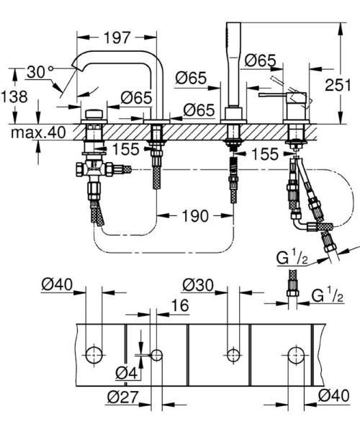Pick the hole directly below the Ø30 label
tap(232, 354)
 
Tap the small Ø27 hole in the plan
tap(156, 354)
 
